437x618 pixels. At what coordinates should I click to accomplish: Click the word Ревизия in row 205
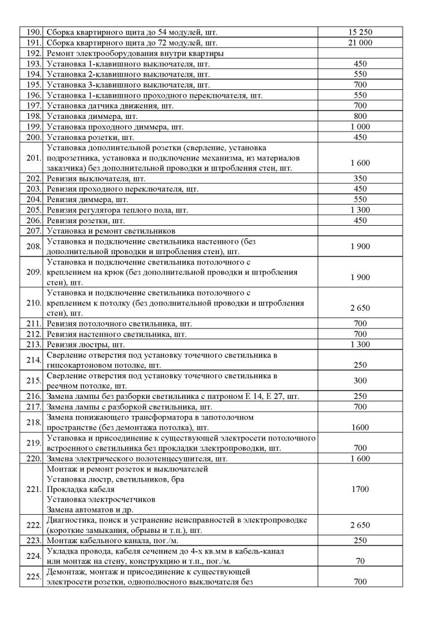click(x=63, y=211)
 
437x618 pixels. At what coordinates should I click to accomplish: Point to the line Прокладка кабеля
click(x=78, y=489)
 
